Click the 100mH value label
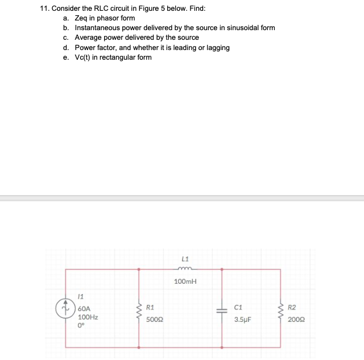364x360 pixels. [x=185, y=282]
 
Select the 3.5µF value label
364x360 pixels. [x=243, y=320]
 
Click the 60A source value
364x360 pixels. [x=84, y=308]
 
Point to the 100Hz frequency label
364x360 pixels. [x=88, y=317]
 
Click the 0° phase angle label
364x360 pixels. [x=81, y=326]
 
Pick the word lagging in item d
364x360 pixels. [x=217, y=47]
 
